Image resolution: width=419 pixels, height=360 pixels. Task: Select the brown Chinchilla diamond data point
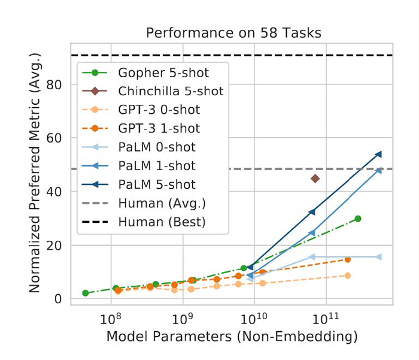coord(315,179)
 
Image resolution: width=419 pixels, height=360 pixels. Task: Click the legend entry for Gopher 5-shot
coord(163,73)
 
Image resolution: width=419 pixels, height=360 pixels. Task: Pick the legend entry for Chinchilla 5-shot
coord(171,92)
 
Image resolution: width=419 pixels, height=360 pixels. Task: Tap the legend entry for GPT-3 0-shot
coord(159,110)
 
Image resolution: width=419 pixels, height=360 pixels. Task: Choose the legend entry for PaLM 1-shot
coord(157,165)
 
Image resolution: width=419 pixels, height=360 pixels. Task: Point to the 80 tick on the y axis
coord(55,84)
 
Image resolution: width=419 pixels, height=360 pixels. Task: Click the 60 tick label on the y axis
coord(55,138)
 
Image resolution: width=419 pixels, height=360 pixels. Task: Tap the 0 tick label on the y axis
coord(59,299)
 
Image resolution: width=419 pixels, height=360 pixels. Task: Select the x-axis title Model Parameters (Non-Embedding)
coord(232,337)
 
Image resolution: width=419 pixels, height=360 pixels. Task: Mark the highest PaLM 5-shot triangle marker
coord(378,155)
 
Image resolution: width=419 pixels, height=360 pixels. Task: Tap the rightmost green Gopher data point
coord(358,219)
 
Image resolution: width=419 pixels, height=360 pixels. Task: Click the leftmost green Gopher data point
coord(86,293)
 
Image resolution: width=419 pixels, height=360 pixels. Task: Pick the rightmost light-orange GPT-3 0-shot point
coord(348,276)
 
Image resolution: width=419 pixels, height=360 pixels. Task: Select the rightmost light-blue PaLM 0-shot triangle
coord(378,257)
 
